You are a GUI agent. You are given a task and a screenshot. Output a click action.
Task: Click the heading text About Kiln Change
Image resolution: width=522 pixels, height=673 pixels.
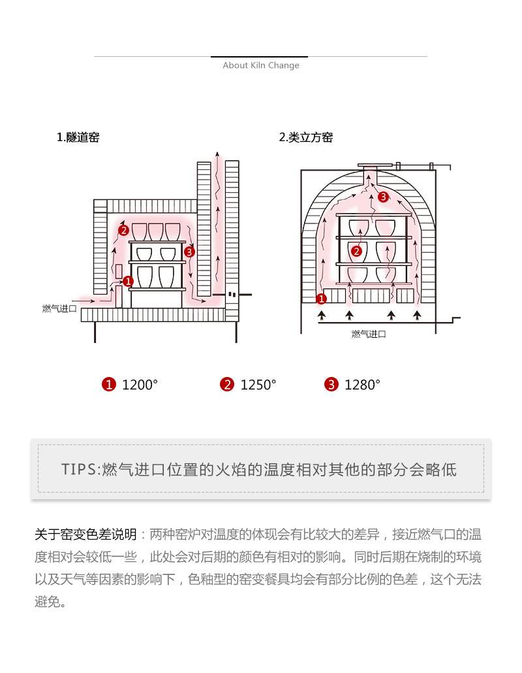coord(261,65)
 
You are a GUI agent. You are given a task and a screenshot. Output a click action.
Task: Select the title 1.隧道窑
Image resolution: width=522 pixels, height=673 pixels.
coord(78,138)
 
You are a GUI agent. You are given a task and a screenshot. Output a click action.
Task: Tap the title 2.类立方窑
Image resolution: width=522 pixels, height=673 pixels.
coord(306,138)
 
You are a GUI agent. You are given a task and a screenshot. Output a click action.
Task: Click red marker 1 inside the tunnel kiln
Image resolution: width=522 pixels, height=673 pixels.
coord(128,281)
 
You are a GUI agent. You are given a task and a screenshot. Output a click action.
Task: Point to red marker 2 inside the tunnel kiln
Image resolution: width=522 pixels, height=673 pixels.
coord(123,230)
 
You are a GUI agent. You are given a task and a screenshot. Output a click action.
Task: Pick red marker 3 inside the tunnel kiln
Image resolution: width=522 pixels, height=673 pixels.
coord(189,251)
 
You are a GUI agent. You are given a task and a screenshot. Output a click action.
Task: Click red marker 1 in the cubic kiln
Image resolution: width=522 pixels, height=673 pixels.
coord(321,299)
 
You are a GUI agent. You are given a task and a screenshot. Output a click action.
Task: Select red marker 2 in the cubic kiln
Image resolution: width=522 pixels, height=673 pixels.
coord(356,251)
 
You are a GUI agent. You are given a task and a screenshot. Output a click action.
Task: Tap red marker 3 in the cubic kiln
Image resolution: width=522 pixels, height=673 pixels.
coord(383,197)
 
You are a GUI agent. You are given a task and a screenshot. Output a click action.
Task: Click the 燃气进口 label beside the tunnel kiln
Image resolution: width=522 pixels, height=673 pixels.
coord(59,308)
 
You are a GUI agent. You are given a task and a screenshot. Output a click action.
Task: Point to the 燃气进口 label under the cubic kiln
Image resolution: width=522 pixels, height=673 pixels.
coord(369,334)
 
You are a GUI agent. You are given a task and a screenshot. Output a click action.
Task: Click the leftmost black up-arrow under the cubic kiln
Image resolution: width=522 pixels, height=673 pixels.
coord(321,316)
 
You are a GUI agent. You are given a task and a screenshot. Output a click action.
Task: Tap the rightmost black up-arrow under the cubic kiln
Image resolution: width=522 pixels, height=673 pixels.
coord(418,316)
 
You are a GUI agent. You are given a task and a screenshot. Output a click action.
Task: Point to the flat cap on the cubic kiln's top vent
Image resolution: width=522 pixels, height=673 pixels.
coord(376,164)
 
